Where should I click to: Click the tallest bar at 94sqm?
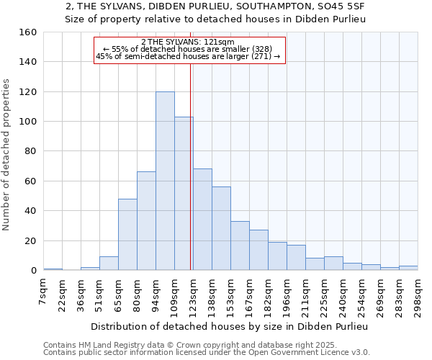point(165,181)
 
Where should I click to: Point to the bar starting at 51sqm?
point(109,264)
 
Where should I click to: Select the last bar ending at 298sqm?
point(408,268)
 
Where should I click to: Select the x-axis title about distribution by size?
point(230,327)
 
